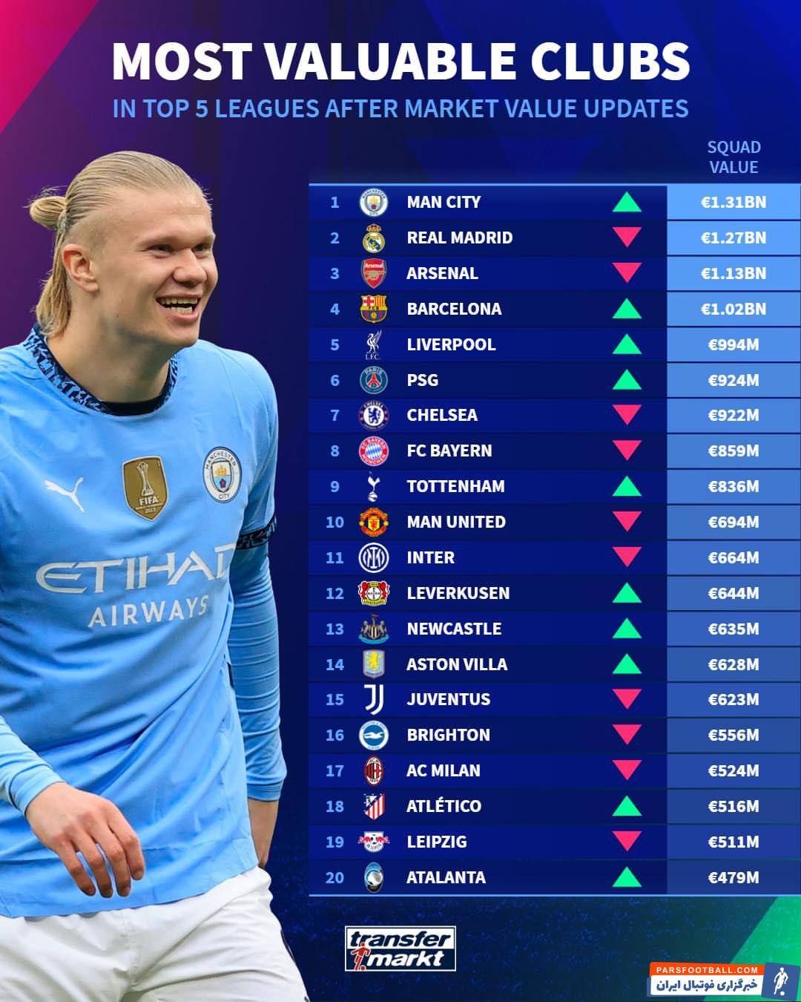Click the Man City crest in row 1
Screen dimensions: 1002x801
pyautogui.click(x=373, y=202)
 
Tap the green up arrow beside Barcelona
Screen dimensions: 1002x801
pyautogui.click(x=627, y=309)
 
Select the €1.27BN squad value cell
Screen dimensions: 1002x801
pyautogui.click(x=733, y=238)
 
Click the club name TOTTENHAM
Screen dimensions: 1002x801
pyautogui.click(x=455, y=486)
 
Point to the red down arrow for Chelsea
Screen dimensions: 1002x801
pyautogui.click(x=627, y=414)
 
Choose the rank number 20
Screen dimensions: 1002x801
pyautogui.click(x=334, y=877)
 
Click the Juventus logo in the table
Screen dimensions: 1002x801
pyautogui.click(x=373, y=699)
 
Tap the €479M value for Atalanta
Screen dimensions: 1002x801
pyautogui.click(x=733, y=877)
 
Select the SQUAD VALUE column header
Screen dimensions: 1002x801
pyautogui.click(x=734, y=157)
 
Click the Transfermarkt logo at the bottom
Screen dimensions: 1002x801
pyautogui.click(x=400, y=949)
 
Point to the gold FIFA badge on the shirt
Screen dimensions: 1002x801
pyautogui.click(x=145, y=487)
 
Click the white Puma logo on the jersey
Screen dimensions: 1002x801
pyautogui.click(x=65, y=494)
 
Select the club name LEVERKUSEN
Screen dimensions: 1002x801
pyautogui.click(x=458, y=593)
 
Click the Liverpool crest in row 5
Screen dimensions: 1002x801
pyautogui.click(x=373, y=344)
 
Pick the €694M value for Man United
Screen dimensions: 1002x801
pyautogui.click(x=733, y=522)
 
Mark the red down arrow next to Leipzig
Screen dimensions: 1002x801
pyautogui.click(x=627, y=840)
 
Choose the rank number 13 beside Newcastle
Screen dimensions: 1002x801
pyautogui.click(x=334, y=629)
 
